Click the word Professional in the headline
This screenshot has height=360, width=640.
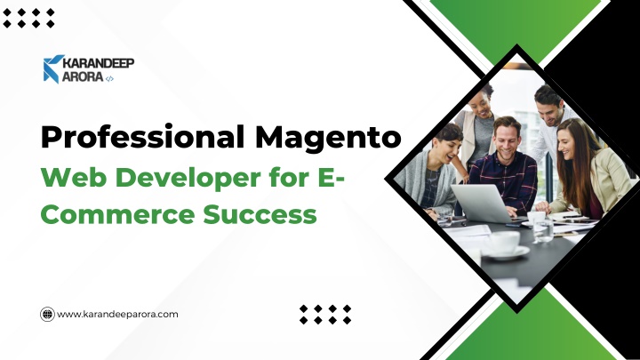[x=142, y=138]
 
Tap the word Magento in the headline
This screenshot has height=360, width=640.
[x=328, y=138]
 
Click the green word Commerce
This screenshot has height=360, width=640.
[x=117, y=215]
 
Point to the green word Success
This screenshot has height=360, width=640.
[x=260, y=215]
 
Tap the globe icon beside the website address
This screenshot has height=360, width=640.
[x=47, y=315]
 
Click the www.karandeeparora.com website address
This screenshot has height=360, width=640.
[x=117, y=315]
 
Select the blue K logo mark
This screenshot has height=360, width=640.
[x=52, y=69]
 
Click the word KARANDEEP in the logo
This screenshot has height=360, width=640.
[x=99, y=63]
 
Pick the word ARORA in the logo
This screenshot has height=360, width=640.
[x=83, y=76]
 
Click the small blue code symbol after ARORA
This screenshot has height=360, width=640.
[x=109, y=79]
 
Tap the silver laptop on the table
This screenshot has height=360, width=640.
[x=482, y=204]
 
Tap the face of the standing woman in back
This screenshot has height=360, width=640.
[x=482, y=105]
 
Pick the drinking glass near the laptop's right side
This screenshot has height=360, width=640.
[x=543, y=230]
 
